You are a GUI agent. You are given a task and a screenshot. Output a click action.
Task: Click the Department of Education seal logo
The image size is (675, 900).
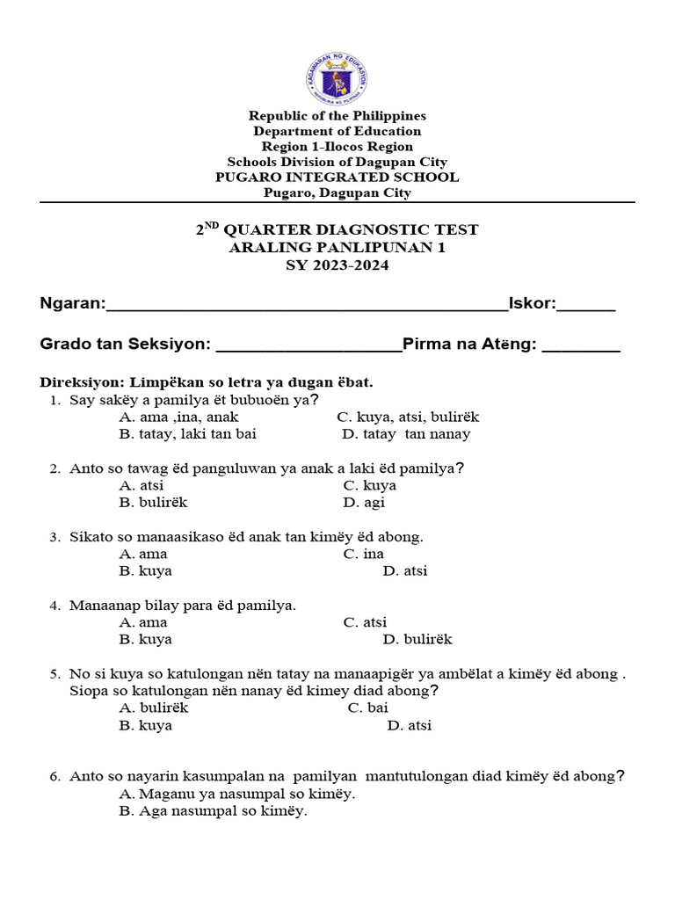(x=337, y=78)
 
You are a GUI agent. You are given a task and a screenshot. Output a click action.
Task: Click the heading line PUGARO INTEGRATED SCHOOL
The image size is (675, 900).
(x=337, y=178)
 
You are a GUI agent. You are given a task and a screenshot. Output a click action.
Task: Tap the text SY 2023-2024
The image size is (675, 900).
(x=337, y=265)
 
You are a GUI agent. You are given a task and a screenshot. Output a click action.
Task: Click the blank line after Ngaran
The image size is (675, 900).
(x=306, y=306)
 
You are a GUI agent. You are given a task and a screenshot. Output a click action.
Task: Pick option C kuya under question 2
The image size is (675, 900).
(x=369, y=486)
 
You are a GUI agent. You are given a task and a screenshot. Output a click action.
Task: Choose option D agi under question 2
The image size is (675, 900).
(x=364, y=503)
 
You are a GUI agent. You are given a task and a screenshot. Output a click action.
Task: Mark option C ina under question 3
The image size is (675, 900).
(x=363, y=555)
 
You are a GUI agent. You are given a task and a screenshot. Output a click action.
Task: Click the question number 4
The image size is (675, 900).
(x=54, y=606)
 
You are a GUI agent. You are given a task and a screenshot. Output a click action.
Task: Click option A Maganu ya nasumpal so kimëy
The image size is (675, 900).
(x=236, y=794)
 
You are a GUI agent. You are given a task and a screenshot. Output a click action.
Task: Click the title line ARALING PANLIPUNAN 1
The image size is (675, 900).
(x=337, y=248)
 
